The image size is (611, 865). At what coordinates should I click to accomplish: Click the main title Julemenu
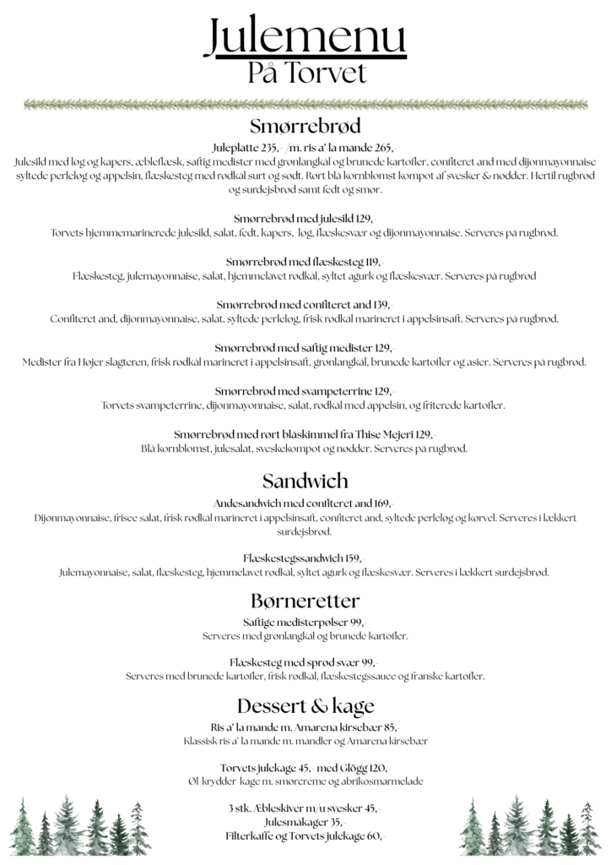pyautogui.click(x=305, y=37)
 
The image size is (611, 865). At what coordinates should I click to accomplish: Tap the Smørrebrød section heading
pyautogui.click(x=305, y=127)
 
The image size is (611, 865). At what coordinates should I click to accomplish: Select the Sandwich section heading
pyautogui.click(x=305, y=481)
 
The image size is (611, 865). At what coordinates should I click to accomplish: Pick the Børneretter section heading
pyautogui.click(x=305, y=601)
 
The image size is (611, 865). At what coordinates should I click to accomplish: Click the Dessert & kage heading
pyautogui.click(x=305, y=705)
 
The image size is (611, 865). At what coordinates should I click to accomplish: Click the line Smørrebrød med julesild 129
pyautogui.click(x=305, y=218)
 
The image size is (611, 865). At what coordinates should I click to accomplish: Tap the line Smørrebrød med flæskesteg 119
pyautogui.click(x=305, y=261)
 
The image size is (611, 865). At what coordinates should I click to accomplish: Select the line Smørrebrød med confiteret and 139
pyautogui.click(x=305, y=304)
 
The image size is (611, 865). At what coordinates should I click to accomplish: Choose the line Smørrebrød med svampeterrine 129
pyautogui.click(x=305, y=391)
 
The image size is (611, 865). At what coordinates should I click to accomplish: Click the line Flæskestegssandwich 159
pyautogui.click(x=305, y=558)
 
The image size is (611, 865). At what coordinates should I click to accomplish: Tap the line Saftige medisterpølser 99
pyautogui.click(x=305, y=622)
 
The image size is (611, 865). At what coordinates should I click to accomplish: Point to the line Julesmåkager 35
pyautogui.click(x=305, y=822)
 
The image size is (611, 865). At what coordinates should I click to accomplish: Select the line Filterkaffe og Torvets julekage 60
pyautogui.click(x=305, y=836)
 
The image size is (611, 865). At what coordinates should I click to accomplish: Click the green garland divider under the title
pyautogui.click(x=305, y=105)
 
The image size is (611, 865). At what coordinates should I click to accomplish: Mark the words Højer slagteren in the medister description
pyautogui.click(x=103, y=362)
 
